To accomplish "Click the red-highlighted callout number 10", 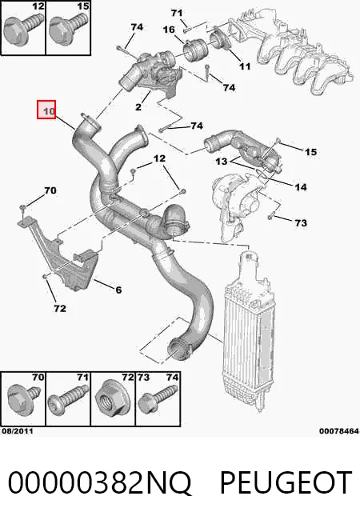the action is (49, 111).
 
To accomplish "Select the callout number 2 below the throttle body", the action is (138, 107).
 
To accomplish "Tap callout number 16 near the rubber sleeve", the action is (169, 30).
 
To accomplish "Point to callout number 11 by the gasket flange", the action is (245, 66).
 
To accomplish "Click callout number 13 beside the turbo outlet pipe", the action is (222, 162).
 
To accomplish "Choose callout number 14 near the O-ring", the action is (301, 187).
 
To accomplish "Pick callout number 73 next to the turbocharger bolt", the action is (301, 222).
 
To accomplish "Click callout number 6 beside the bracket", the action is (118, 290).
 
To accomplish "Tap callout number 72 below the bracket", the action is (60, 308).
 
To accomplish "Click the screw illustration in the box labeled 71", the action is (69, 398).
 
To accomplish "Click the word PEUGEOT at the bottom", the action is (286, 482).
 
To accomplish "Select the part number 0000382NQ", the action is (99, 483).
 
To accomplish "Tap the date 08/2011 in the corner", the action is (18, 431).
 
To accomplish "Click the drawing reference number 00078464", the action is (339, 431).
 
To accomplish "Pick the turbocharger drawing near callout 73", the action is (234, 204).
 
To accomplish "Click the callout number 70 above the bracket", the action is (50, 190).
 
